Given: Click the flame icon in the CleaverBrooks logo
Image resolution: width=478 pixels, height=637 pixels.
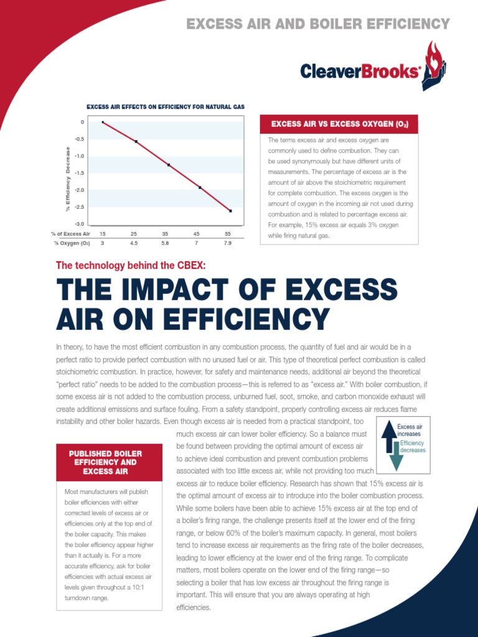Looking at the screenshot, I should (434, 63).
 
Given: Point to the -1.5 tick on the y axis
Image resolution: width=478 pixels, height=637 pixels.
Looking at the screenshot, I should (80, 173).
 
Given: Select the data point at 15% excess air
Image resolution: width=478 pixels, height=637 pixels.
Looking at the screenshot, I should (103, 122).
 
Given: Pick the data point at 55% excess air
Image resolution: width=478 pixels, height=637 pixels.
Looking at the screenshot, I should (230, 211).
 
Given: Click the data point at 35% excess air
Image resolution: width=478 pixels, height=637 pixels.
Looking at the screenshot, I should (169, 165).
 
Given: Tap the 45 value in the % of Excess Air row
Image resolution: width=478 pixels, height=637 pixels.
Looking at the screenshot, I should (196, 233).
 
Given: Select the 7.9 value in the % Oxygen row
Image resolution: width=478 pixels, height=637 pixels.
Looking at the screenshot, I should (227, 243).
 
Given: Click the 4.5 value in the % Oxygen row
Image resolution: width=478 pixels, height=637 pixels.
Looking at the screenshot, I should (134, 243).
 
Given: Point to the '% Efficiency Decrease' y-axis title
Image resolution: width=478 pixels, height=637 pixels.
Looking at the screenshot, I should (67, 178).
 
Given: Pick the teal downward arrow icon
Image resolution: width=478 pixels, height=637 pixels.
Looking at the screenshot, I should (396, 456).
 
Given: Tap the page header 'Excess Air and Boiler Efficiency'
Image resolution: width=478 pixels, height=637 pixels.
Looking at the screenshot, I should (318, 24).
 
